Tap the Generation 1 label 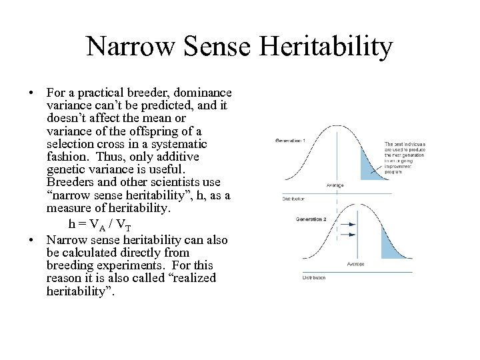[290, 141]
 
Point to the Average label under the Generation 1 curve [335, 185]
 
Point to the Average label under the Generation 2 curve [355, 264]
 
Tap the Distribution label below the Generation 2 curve [314, 277]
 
